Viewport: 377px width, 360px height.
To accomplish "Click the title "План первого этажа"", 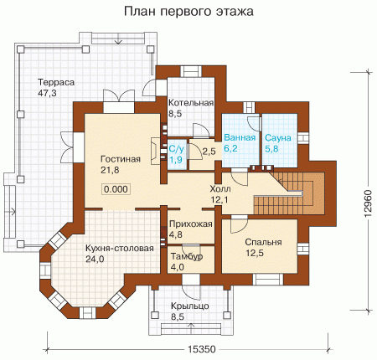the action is [x=188, y=12].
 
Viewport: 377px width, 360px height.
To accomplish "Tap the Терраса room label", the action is [x=56, y=82].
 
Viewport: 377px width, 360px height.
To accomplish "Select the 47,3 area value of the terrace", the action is [x=47, y=93].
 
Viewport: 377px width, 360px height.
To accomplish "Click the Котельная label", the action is [x=191, y=103].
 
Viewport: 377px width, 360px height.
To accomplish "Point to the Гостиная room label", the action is [x=121, y=159].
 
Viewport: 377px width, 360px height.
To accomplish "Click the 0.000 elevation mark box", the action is [x=116, y=189].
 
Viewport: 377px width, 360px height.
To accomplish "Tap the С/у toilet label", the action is [x=176, y=149].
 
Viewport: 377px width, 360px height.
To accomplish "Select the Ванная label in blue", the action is [x=240, y=137].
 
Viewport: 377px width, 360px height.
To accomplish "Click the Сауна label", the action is [x=278, y=138].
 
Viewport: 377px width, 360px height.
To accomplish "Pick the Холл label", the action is [x=220, y=189].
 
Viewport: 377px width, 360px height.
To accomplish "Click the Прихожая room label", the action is [x=191, y=224].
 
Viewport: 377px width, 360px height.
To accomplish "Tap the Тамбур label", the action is [x=187, y=257].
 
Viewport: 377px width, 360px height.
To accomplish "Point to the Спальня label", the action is [x=263, y=242].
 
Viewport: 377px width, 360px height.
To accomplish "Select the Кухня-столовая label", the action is [x=120, y=248].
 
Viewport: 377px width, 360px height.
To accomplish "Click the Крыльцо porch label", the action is [x=190, y=306].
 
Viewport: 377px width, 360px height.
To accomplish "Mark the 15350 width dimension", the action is [x=202, y=349].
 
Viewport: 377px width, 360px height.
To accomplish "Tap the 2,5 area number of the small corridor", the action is [x=209, y=152].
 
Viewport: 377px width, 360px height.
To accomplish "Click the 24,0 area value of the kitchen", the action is [x=95, y=260].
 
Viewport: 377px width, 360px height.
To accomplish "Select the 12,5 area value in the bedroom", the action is [x=255, y=253].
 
